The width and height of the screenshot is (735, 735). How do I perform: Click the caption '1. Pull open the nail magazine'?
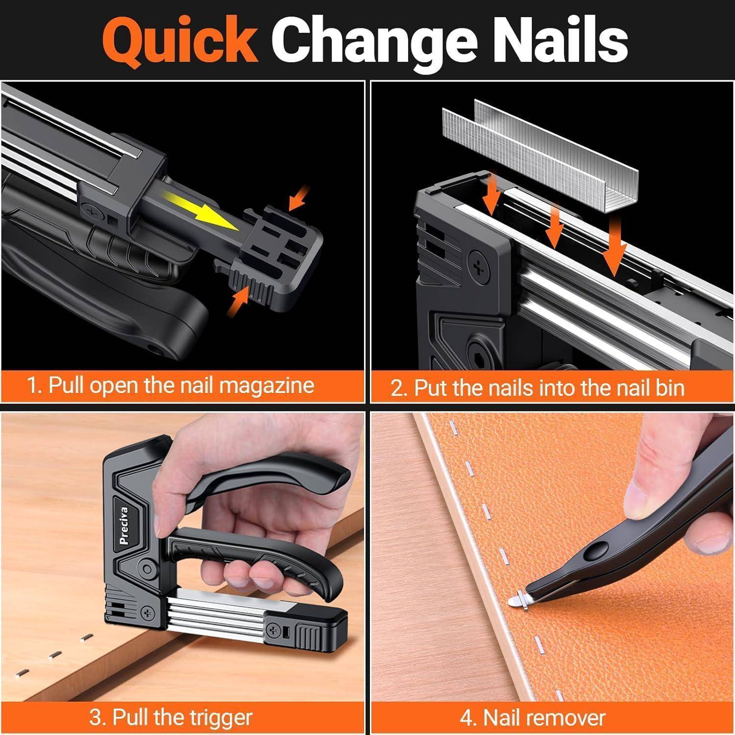point(171,385)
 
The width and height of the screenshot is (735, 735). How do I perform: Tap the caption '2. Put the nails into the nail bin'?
point(537,387)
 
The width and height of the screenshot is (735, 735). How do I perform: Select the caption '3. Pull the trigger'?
point(171,717)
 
